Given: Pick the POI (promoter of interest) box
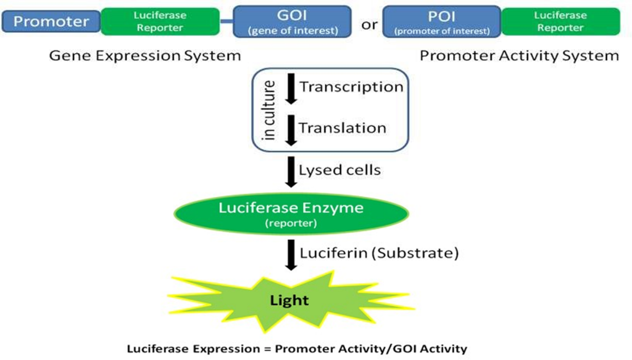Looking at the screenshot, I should (442, 22).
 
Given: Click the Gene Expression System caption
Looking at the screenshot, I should (145, 55).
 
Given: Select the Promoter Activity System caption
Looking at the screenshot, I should (519, 55).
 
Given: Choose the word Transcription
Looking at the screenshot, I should (351, 86).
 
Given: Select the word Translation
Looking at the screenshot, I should (343, 128).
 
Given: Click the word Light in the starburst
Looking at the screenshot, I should (289, 300).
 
